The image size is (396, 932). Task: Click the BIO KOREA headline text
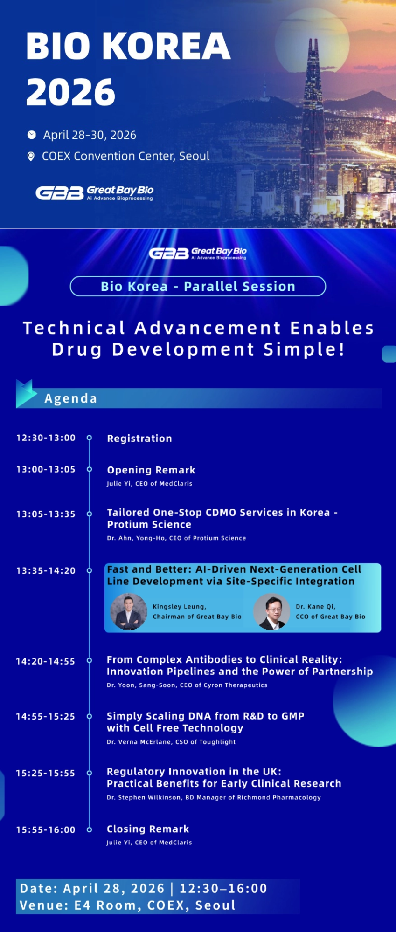[128, 46]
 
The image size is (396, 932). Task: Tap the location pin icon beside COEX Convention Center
[31, 156]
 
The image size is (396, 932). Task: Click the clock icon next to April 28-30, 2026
[31, 135]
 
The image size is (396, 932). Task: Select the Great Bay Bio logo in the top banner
[95, 192]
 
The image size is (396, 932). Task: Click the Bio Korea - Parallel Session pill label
[198, 286]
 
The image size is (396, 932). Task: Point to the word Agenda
[71, 398]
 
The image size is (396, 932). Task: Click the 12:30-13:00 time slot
[46, 438]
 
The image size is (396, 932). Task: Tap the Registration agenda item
[139, 439]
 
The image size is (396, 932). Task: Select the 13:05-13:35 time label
[46, 514]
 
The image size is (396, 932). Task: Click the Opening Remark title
[151, 470]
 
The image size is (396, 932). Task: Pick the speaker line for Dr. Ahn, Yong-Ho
[176, 538]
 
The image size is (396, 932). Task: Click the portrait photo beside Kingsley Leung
[129, 612]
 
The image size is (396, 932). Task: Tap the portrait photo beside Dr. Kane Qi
[271, 612]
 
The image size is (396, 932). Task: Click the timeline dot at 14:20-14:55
[89, 660]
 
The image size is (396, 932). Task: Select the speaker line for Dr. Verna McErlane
[171, 741]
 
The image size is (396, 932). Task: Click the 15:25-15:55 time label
[45, 773]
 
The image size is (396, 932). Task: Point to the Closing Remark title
[148, 829]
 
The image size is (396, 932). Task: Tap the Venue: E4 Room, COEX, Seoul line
[127, 905]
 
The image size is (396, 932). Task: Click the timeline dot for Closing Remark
[89, 829]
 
